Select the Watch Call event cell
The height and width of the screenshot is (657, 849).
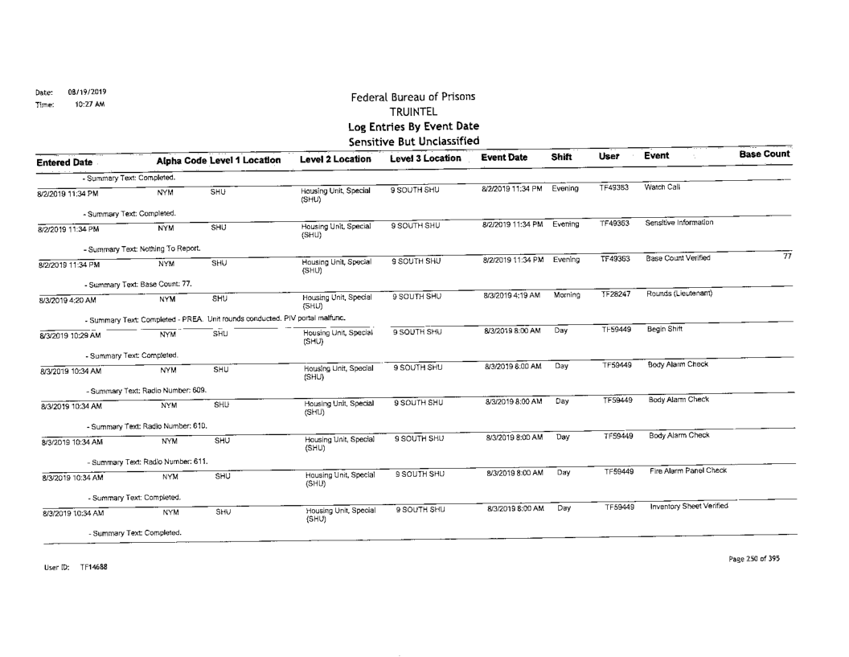tap(664, 188)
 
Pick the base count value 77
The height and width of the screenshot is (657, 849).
tap(785, 256)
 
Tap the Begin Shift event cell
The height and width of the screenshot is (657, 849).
tap(666, 330)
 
